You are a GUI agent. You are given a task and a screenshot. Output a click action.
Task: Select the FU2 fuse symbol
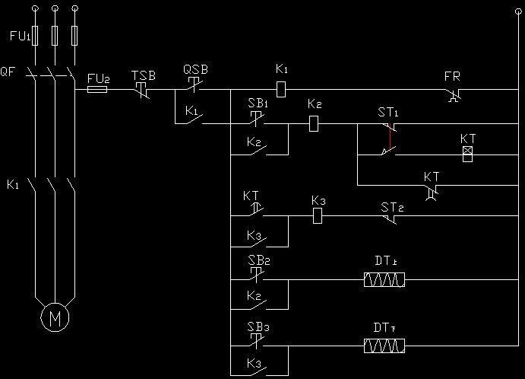[97, 89]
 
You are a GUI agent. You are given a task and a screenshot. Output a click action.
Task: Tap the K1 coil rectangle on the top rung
[280, 89]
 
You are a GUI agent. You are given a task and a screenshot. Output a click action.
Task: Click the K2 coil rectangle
[314, 123]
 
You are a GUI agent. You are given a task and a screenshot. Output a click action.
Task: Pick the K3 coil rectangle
[319, 216]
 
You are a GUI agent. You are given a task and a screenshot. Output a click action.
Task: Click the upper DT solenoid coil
[384, 280]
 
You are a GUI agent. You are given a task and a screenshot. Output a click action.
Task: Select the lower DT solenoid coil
[384, 347]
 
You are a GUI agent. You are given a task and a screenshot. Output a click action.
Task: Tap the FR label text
[452, 76]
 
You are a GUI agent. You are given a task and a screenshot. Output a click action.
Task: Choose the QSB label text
[195, 69]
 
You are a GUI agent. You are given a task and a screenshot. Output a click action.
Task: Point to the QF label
[8, 72]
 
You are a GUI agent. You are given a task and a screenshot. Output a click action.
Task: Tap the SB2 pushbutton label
[258, 260]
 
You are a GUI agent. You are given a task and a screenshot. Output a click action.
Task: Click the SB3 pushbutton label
[258, 327]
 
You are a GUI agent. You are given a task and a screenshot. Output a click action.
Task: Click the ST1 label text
[388, 113]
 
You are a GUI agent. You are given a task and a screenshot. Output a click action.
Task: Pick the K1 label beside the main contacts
[12, 184]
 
